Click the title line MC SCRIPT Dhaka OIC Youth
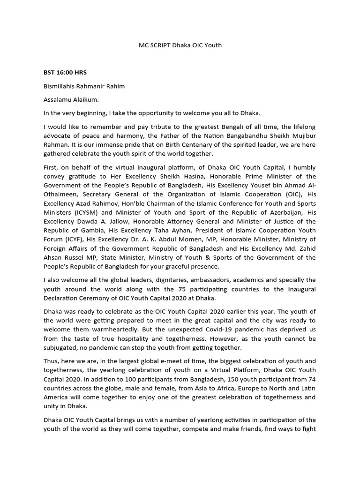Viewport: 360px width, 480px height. (180, 45)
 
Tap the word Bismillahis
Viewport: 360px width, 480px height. (61, 86)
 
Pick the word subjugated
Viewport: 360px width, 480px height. (61, 348)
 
